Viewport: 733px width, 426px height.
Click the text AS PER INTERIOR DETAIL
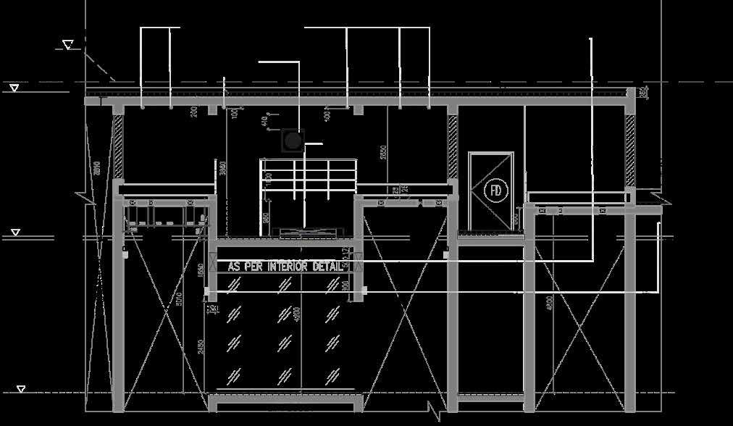click(285, 267)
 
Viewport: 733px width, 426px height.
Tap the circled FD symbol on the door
click(496, 191)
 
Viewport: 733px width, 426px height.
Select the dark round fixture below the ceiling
click(292, 141)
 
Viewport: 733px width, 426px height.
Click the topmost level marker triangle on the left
click(68, 45)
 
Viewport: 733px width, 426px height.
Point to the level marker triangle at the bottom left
click(22, 389)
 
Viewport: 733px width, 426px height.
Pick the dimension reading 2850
click(384, 152)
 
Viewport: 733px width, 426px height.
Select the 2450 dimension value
click(201, 348)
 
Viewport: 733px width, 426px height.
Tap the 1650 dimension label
click(201, 270)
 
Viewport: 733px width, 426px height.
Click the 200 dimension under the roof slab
click(194, 112)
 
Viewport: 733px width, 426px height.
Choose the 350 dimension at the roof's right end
click(644, 93)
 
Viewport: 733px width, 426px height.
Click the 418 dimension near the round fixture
click(264, 121)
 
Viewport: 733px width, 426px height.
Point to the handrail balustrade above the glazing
click(309, 177)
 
